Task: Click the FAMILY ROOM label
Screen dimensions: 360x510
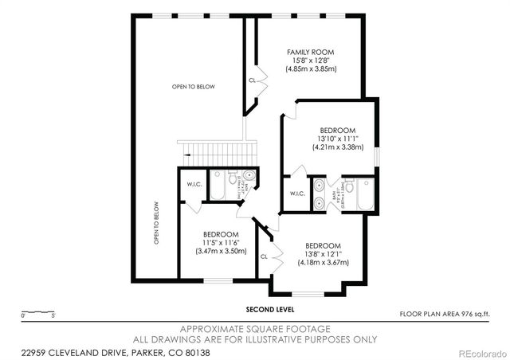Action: pyautogui.click(x=311, y=52)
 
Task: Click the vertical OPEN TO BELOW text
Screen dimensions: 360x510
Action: pyautogui.click(x=156, y=222)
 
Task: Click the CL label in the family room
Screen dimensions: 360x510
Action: pyautogui.click(x=253, y=80)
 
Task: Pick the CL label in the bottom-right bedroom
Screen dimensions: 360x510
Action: pyautogui.click(x=264, y=256)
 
